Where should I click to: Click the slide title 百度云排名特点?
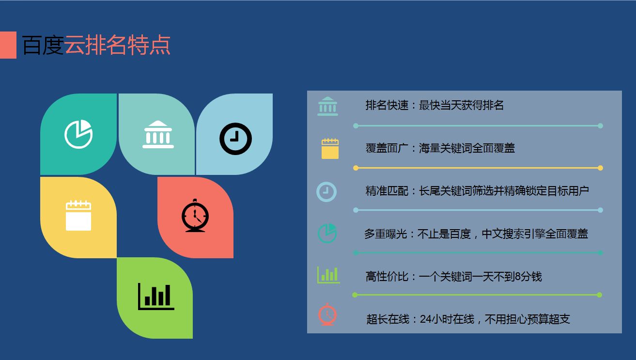point(96,46)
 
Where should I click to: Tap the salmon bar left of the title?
point(8,45)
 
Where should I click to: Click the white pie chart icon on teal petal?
point(78,134)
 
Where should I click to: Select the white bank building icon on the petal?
point(158,134)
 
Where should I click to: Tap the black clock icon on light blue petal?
point(235,139)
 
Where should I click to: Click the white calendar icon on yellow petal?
point(78,215)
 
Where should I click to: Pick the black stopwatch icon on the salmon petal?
point(195,216)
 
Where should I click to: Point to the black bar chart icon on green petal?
point(156,296)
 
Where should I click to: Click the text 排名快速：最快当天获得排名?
point(434,105)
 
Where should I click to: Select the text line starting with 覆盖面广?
point(440,148)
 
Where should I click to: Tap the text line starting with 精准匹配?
point(477,191)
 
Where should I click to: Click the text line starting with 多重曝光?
point(476,234)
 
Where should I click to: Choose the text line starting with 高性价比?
point(453,277)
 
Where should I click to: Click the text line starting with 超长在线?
point(468,319)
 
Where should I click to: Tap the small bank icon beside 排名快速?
point(328,106)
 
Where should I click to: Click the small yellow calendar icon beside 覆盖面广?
point(330,149)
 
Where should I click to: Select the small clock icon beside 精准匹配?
point(326,191)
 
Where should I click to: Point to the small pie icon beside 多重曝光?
point(327,233)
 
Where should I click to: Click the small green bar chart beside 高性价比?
point(328,275)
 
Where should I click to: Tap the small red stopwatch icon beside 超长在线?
point(327,314)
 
